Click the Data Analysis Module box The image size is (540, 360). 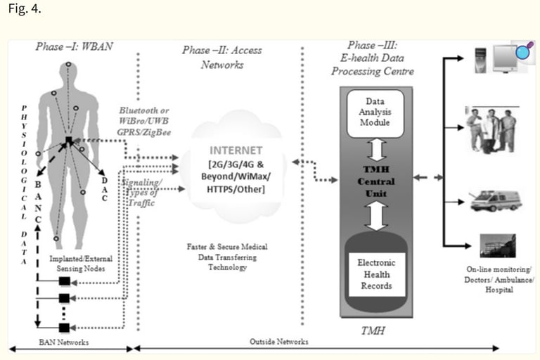pos(375,113)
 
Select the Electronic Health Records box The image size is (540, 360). pos(377,274)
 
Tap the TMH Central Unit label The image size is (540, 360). pos(376,181)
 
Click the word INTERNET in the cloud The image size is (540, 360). pos(236,150)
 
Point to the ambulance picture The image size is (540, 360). pos(496,200)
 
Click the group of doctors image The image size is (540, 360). pos(491,130)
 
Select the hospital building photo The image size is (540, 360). pos(498,245)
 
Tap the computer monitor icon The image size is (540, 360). pos(506,58)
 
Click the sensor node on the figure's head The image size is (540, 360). pos(68,65)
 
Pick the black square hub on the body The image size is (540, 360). pos(69,140)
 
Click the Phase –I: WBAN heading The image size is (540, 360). pos(74,46)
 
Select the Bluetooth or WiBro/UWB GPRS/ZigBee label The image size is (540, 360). pos(144,121)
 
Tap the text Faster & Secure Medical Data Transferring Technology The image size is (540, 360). pos(227,257)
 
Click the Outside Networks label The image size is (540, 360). pos(279,342)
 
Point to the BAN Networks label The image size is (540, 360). pos(64,342)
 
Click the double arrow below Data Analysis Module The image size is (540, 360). pos(377,150)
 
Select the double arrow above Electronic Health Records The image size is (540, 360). pos(376,216)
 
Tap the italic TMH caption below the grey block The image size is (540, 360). pos(373,330)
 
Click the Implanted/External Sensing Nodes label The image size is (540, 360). pos(81,264)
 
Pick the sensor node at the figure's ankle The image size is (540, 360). pos(56,238)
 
